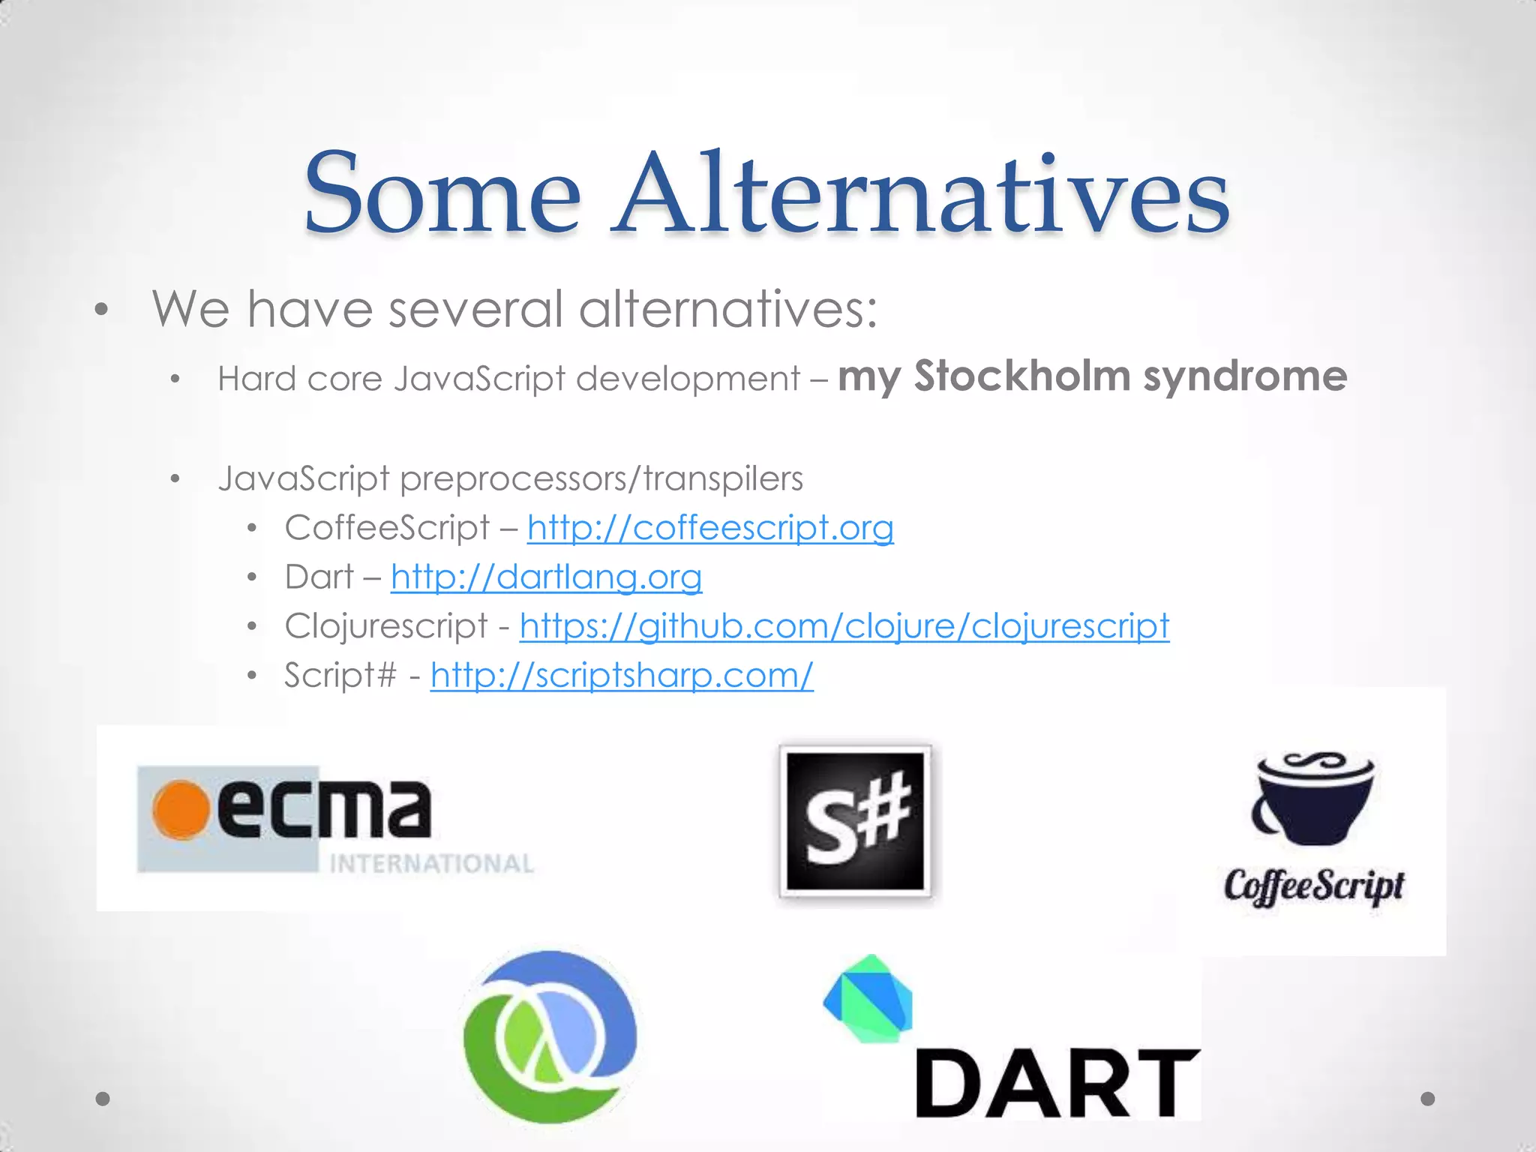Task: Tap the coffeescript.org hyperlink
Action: coord(710,527)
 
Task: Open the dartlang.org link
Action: coord(546,577)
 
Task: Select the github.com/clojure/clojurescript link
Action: coord(844,625)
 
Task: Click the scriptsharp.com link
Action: coord(622,675)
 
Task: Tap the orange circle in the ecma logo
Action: coord(181,810)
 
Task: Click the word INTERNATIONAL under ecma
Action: coord(431,864)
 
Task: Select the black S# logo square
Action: coord(855,821)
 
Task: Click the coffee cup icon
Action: coord(1312,799)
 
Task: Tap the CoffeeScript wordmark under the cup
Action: coord(1314,886)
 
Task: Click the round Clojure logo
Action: coord(550,1036)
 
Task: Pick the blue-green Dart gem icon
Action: coord(869,998)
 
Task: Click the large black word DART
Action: coord(1057,1083)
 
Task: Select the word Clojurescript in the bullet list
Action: coord(386,625)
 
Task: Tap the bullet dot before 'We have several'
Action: coord(102,310)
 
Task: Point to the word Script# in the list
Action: coord(340,675)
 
